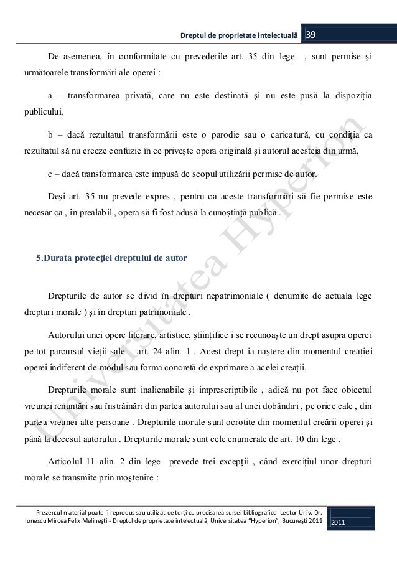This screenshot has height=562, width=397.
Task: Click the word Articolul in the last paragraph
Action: (x=68, y=461)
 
